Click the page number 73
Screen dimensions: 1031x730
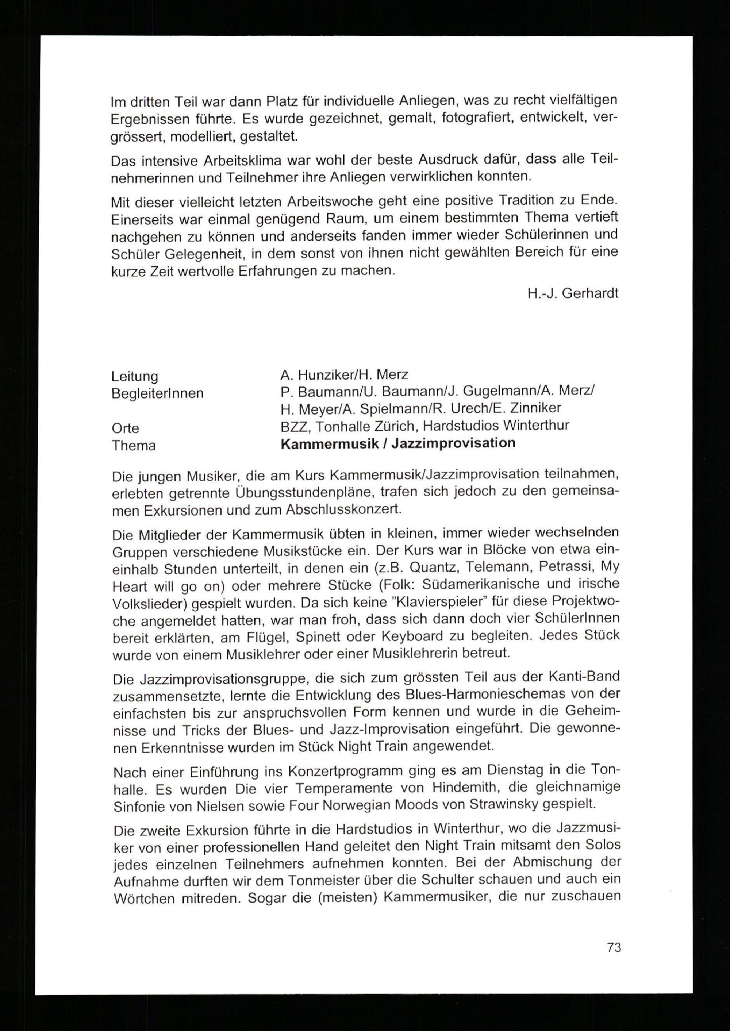click(x=614, y=947)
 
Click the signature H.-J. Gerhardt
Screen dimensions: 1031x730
click(x=573, y=293)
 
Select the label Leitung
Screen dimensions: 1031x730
click(x=135, y=376)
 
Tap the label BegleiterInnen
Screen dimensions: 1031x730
click(x=157, y=393)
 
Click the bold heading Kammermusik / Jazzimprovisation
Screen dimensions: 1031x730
click(x=398, y=443)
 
